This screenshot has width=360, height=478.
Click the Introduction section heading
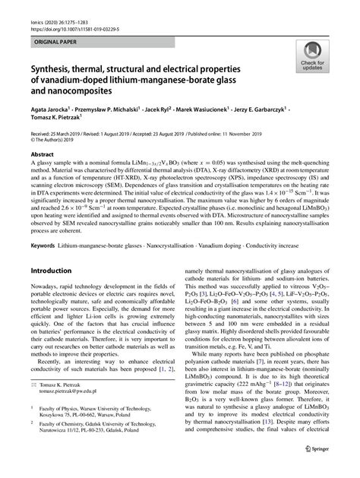[x=55, y=271]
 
